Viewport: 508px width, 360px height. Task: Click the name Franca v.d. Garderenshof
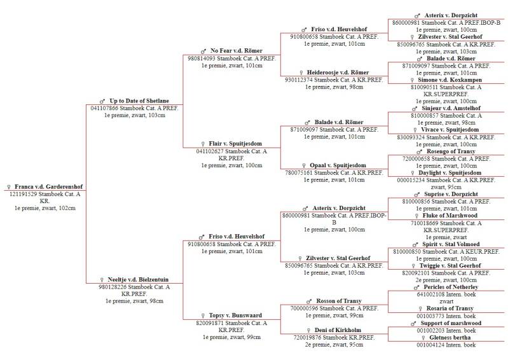click(48, 187)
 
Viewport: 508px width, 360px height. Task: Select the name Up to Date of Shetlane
click(139, 100)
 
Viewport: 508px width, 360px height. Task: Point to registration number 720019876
click(303, 338)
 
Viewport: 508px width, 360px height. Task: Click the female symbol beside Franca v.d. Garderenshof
click(8, 187)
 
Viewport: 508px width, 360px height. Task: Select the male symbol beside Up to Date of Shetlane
click(102, 100)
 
